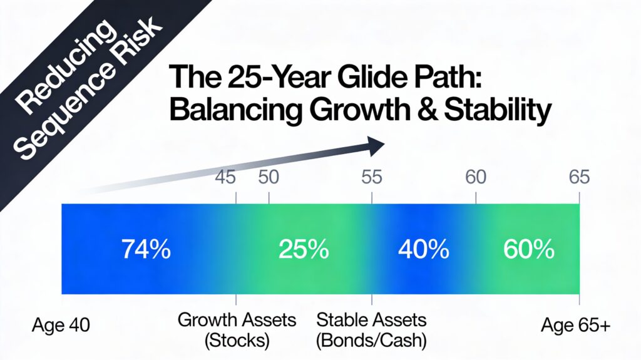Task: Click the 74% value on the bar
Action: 146,250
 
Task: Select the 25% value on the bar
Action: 303,250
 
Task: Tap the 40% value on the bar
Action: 423,250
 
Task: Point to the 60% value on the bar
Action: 528,250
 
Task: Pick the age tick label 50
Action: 269,177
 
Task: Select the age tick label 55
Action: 372,177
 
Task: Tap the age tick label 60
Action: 476,177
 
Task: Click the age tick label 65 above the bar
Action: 579,177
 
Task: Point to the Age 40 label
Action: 61,326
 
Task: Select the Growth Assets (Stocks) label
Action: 237,331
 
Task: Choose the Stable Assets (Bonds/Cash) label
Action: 371,331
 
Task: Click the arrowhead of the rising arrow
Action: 375,147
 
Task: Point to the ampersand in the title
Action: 412,111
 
